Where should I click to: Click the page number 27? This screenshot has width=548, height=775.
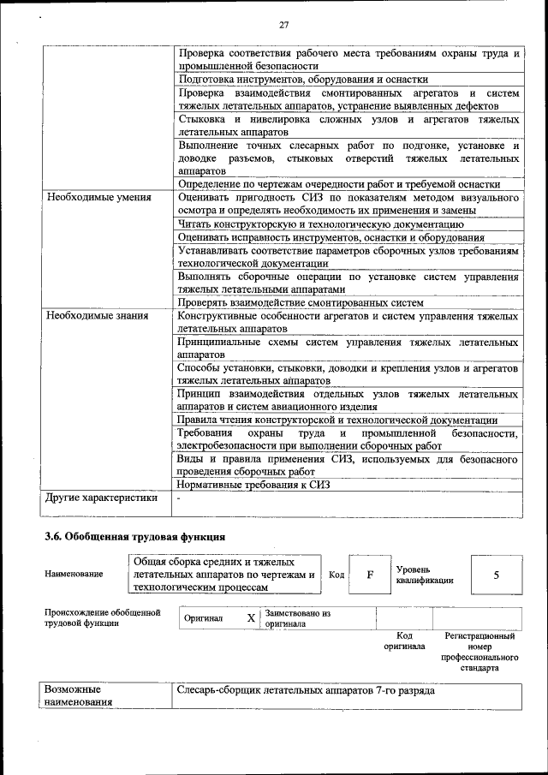tap(283, 25)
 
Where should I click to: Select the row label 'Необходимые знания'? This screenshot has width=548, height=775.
tap(98, 316)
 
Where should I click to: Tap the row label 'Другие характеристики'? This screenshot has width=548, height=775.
tap(102, 497)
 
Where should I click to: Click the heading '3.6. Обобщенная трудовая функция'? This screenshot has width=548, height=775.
tap(134, 537)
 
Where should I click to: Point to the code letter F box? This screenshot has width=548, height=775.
tap(370, 575)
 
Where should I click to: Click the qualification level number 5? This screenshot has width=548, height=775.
tap(496, 575)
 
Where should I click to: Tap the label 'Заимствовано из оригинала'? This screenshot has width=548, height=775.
tap(297, 619)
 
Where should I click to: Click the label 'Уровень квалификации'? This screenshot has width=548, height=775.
tap(425, 575)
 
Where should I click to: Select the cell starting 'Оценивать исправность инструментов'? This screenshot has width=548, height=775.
tap(331, 237)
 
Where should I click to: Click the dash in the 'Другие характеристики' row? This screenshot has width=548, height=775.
tap(178, 498)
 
